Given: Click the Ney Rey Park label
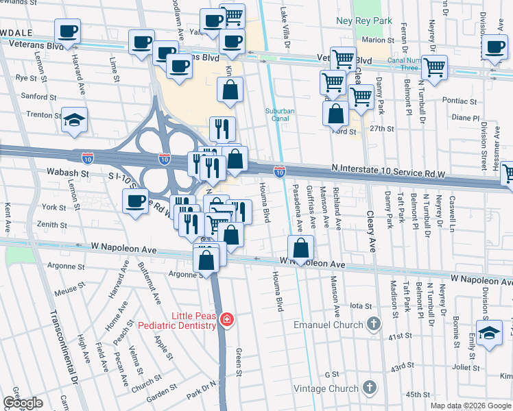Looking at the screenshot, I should [363, 21].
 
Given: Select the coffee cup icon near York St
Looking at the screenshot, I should [135, 201].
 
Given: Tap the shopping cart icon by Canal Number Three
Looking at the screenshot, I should [433, 67].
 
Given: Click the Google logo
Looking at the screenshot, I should [23, 403].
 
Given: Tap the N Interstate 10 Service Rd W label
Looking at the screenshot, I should [390, 168].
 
